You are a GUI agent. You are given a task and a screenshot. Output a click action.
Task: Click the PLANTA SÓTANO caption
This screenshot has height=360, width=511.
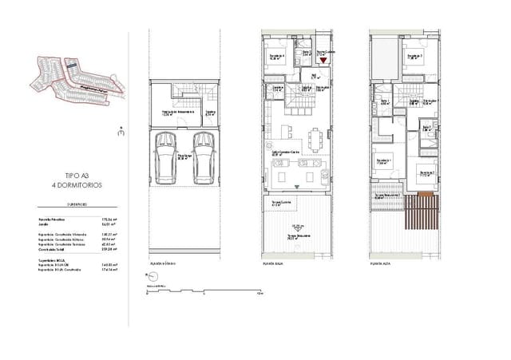coord(163,263)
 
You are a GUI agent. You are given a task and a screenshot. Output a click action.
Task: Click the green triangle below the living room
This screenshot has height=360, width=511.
coord(298,186)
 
